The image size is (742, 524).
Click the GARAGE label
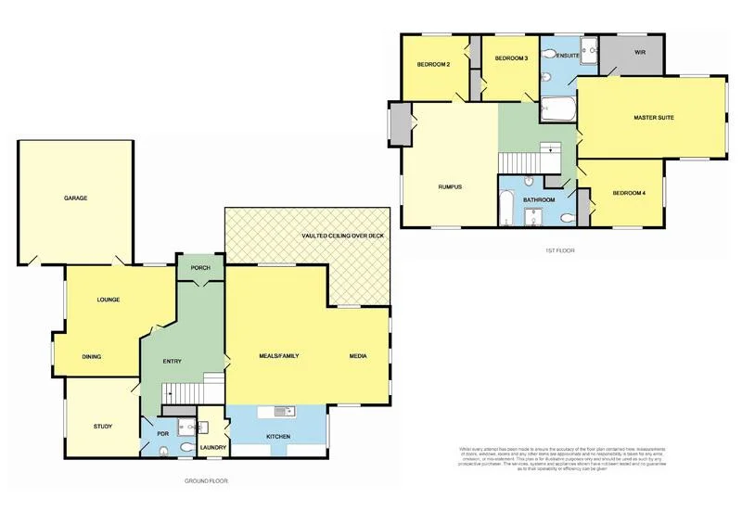[76, 198]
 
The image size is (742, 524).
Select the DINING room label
[91, 356]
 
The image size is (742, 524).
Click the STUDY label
[102, 427]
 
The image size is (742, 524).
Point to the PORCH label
[200, 268]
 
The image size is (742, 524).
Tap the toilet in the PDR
[163, 452]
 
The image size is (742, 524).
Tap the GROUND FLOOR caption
[205, 481]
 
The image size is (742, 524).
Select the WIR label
[639, 53]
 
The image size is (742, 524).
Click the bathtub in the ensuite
[558, 110]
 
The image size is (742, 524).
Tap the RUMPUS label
[450, 187]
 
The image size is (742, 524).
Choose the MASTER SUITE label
[654, 119]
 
